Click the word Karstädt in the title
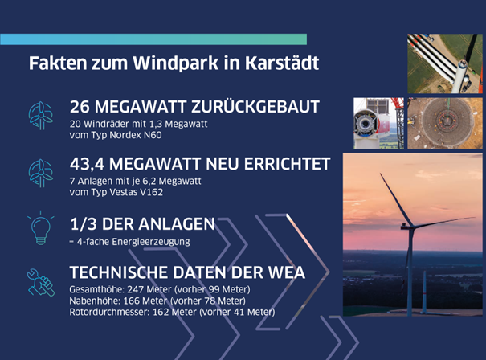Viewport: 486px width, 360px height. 282,63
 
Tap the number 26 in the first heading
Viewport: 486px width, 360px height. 80,107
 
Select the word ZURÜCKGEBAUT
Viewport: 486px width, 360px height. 255,106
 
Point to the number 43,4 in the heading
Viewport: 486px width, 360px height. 87,164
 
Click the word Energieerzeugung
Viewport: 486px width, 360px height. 151,242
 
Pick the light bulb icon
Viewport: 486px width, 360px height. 41,228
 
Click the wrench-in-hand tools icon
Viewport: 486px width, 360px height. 41,282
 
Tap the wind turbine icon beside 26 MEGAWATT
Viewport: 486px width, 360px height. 41,116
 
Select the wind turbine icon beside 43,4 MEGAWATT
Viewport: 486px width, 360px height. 41,173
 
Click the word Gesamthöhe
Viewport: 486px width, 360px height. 96,289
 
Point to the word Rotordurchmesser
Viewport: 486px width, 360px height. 109,312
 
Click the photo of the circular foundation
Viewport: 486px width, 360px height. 445,124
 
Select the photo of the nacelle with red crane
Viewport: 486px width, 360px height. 378,124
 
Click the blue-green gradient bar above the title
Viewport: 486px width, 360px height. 153,39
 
